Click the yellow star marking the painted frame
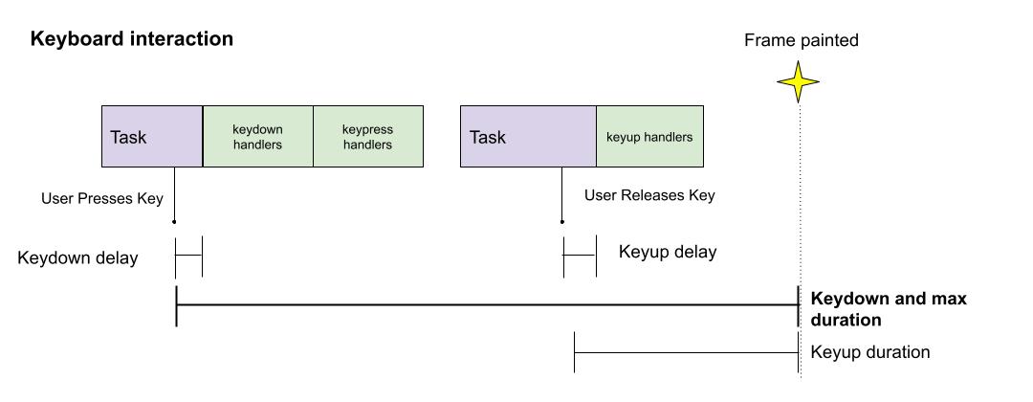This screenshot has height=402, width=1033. [798, 82]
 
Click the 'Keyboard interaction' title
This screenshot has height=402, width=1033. [132, 39]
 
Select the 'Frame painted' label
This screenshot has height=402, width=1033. [802, 40]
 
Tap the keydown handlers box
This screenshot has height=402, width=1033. [258, 137]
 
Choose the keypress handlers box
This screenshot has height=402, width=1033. [368, 137]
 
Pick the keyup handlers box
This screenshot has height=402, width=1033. [649, 137]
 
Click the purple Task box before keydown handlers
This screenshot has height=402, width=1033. [152, 137]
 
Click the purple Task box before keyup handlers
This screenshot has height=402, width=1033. [528, 137]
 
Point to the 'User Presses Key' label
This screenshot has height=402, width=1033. [102, 199]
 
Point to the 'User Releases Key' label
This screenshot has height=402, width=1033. [649, 195]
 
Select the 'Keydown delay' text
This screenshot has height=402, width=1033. [77, 258]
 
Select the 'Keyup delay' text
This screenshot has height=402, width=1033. [668, 253]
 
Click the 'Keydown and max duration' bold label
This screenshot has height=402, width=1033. [888, 309]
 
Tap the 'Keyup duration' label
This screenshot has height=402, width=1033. [870, 352]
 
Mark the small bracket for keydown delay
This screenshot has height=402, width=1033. [189, 256]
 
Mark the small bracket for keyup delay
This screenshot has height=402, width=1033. [580, 256]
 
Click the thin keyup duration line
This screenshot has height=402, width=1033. [686, 352]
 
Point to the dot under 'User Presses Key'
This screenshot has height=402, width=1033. [174, 222]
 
